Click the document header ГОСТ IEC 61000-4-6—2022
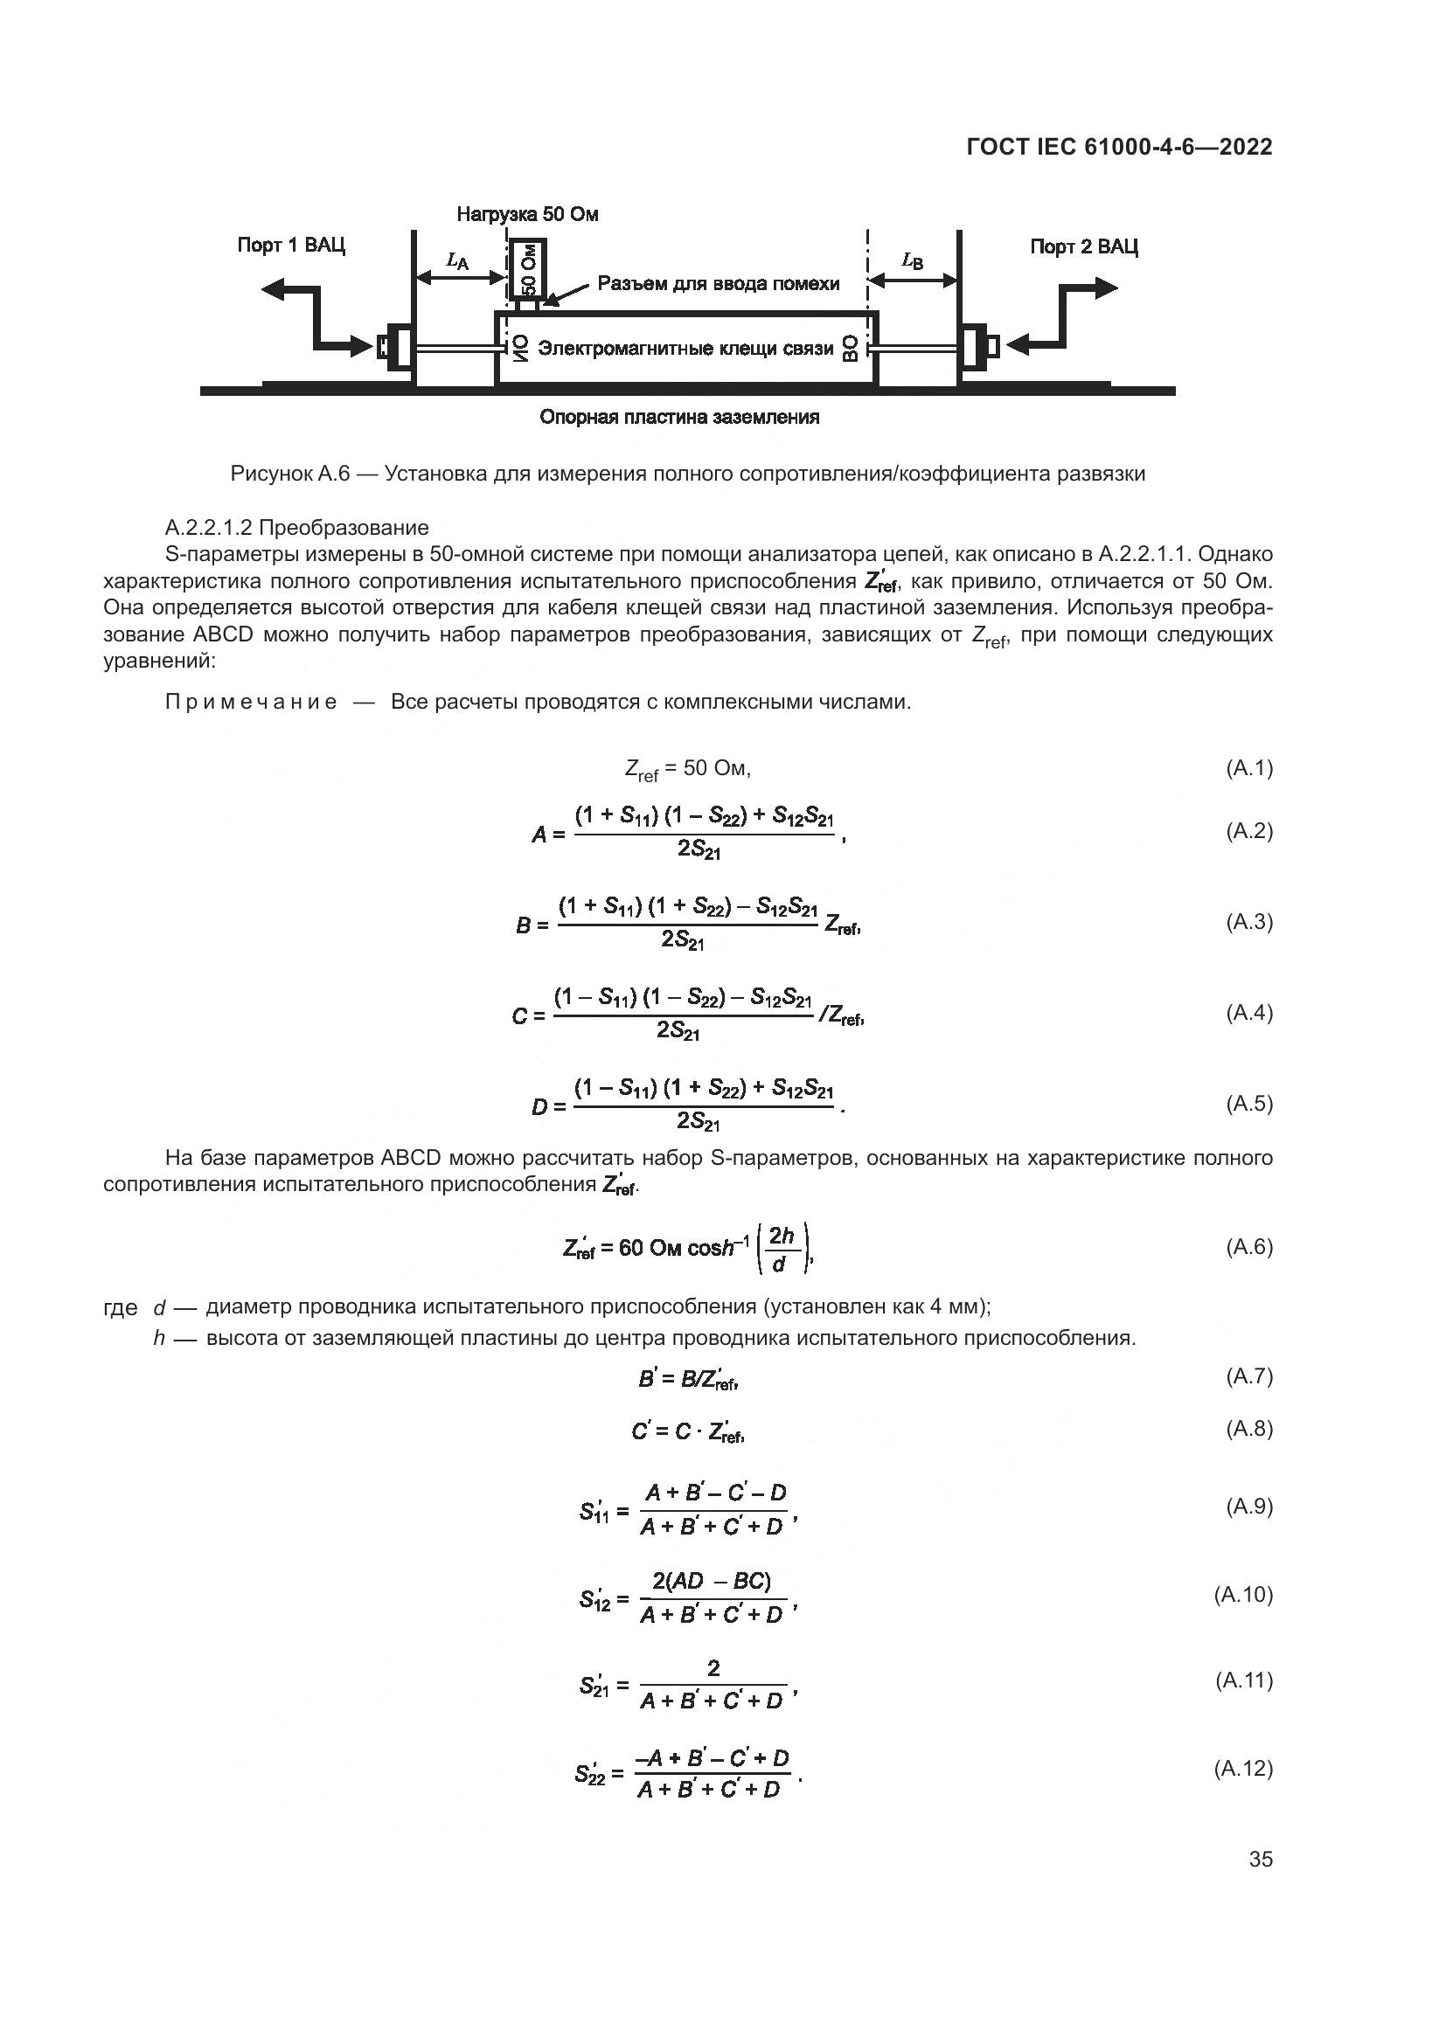1119,147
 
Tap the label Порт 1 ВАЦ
291,245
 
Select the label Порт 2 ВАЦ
1083,246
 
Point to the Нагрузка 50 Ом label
527,215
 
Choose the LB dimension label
913,260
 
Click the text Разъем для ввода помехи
719,284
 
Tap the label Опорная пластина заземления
679,417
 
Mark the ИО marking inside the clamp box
519,348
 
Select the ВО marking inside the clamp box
852,348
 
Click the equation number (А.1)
1248,767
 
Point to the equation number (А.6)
1248,1246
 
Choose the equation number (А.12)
1243,1768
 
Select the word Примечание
251,703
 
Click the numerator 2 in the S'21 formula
713,1667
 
